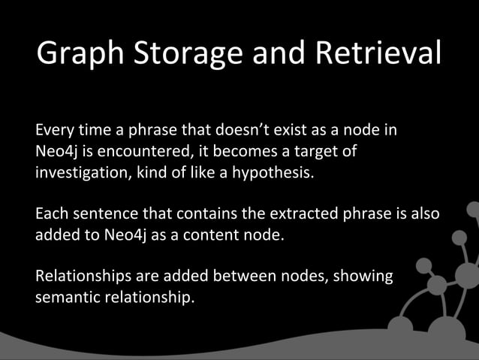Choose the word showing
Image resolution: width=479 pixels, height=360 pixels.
361,276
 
